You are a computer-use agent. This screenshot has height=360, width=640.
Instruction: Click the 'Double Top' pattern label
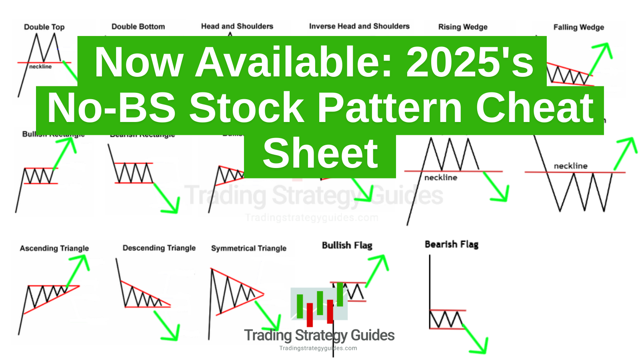[x=44, y=27]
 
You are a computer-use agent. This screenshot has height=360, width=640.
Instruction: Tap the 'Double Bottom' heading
[x=138, y=27]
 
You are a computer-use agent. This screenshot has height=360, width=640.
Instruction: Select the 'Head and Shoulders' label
[x=237, y=26]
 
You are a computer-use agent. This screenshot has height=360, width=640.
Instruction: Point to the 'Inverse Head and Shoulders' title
[x=359, y=26]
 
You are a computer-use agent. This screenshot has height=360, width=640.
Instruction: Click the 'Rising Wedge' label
[x=463, y=27]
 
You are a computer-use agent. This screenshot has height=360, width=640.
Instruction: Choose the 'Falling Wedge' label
[x=578, y=28]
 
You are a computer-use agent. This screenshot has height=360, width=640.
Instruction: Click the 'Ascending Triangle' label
[x=54, y=248]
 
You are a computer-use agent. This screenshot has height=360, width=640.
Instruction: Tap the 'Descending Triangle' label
[x=159, y=248]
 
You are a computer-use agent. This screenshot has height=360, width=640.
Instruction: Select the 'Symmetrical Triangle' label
[x=249, y=248]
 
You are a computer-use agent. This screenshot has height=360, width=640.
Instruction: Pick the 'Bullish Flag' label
[x=347, y=245]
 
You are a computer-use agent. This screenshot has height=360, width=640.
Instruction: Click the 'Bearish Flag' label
[x=452, y=244]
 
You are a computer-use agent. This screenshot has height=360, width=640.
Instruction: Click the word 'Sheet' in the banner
[x=320, y=154]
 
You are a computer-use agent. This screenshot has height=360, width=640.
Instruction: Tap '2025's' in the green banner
[x=470, y=62]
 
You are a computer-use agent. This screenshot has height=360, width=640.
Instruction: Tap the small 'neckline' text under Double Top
[x=40, y=67]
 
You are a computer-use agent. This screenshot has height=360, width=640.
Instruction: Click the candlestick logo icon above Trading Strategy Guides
[x=319, y=304]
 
